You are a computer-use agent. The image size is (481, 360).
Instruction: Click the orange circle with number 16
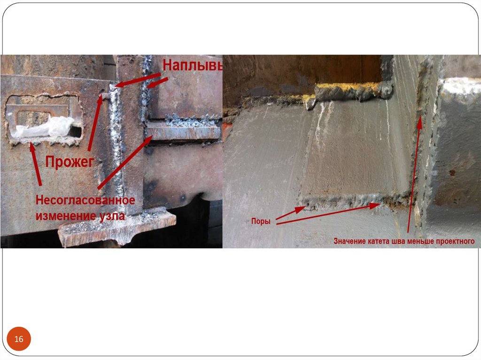[19, 339]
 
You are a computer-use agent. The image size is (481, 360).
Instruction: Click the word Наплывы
[192, 65]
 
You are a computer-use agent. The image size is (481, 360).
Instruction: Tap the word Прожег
[70, 161]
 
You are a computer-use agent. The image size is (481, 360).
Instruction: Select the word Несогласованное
[85, 200]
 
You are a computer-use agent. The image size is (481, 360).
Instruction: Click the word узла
[112, 216]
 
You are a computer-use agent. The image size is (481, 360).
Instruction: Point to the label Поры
[261, 221]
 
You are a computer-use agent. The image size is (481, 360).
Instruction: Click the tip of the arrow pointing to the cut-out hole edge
[31, 143]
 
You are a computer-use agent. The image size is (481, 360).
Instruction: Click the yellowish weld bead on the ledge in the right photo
[353, 92]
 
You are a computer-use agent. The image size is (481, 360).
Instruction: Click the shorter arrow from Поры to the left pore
[290, 213]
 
